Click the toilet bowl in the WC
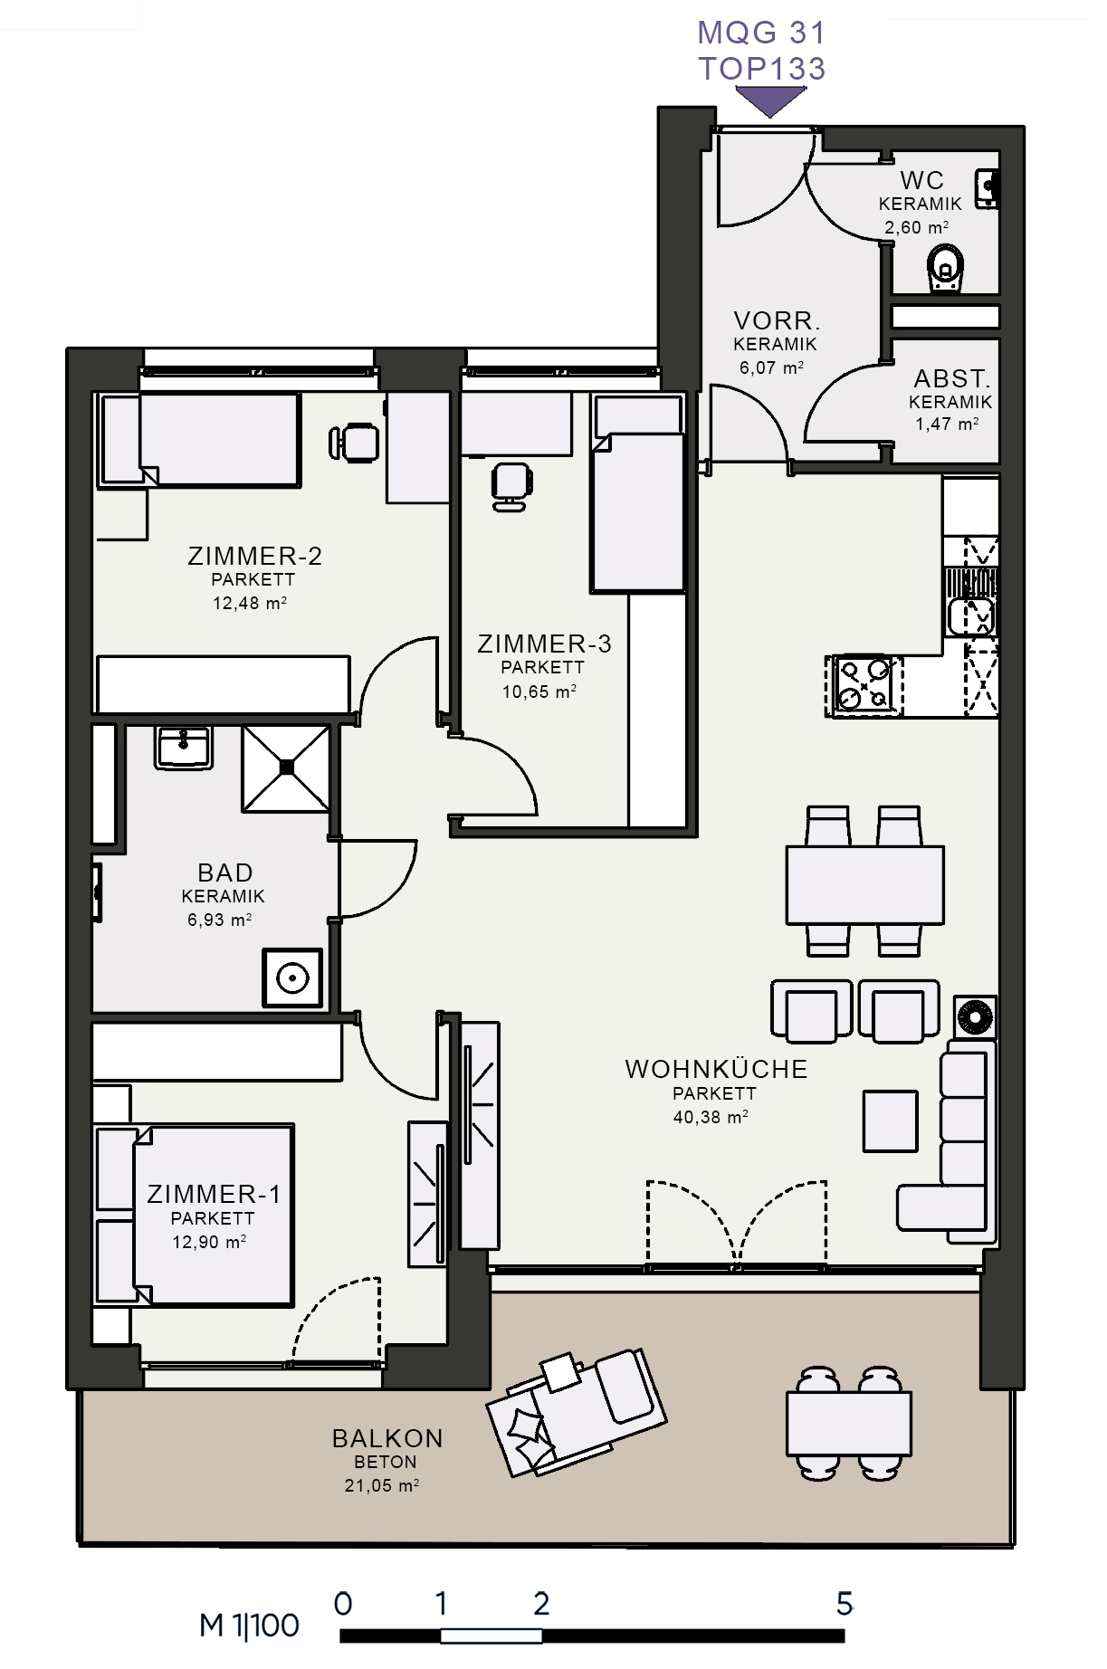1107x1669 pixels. tap(946, 270)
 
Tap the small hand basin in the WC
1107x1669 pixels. tap(986, 188)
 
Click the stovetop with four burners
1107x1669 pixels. tap(864, 685)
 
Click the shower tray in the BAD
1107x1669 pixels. tap(286, 768)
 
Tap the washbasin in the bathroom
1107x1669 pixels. tap(184, 748)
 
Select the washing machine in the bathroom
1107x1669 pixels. tap(292, 978)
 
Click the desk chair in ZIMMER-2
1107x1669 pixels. tap(354, 442)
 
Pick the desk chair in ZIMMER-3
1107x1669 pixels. tap(511, 486)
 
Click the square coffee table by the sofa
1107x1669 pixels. tap(890, 1121)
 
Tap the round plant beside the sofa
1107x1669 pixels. tap(975, 1016)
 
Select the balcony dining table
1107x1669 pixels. tap(848, 1423)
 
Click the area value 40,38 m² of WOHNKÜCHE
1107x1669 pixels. tap(711, 1117)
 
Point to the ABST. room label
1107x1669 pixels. tap(951, 378)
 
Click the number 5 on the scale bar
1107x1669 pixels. tap(845, 1604)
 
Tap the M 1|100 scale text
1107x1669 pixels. tap(249, 1626)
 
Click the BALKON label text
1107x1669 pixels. tap(387, 1438)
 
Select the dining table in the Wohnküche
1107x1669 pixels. tap(864, 884)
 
